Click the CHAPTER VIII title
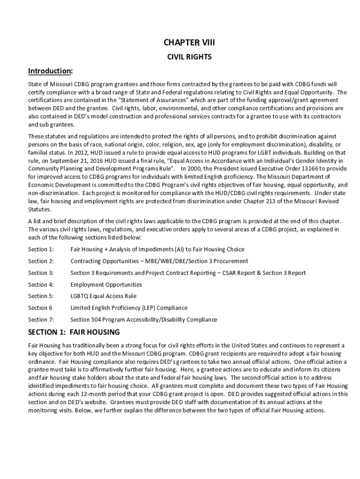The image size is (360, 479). click(x=189, y=43)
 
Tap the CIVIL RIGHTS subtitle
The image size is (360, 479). click(x=189, y=57)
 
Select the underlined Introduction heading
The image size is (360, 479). click(x=50, y=71)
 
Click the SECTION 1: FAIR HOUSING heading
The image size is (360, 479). click(x=74, y=332)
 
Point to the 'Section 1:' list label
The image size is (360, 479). click(x=41, y=249)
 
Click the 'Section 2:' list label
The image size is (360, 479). click(x=41, y=261)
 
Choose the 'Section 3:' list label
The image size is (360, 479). click(x=41, y=273)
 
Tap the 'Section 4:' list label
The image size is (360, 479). click(x=41, y=284)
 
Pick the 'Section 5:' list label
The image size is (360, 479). click(x=41, y=296)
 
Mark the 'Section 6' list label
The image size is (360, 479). click(x=40, y=308)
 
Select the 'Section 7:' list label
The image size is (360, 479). click(x=41, y=319)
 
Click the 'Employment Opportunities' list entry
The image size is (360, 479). click(x=106, y=284)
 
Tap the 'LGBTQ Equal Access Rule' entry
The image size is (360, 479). click(x=103, y=296)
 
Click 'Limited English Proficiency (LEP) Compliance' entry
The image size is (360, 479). click(x=129, y=308)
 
